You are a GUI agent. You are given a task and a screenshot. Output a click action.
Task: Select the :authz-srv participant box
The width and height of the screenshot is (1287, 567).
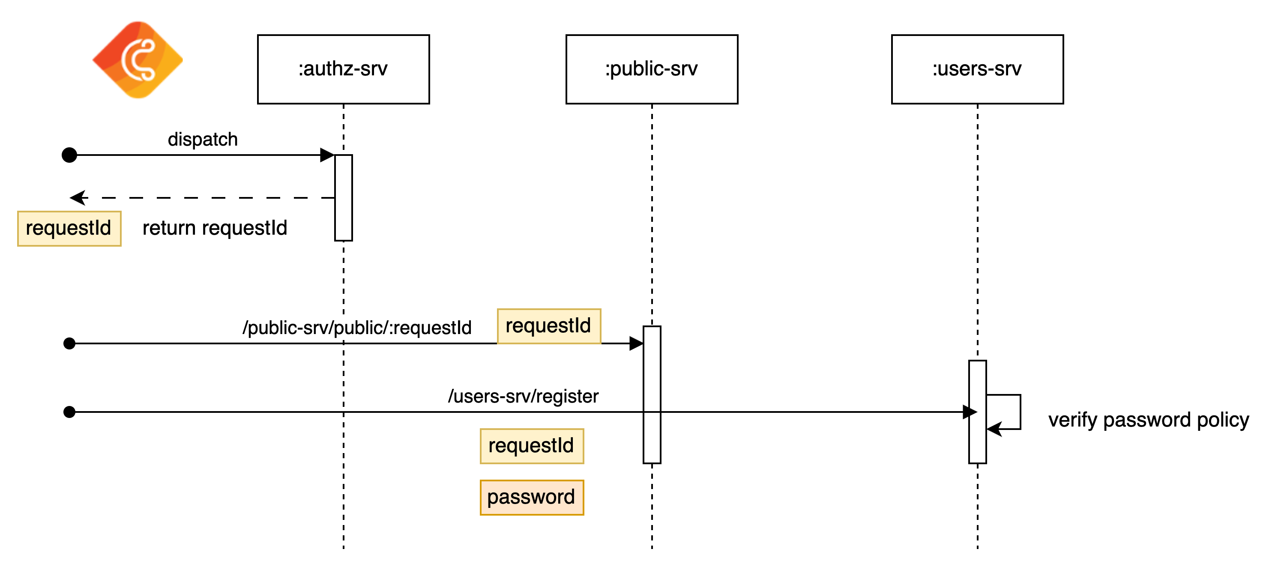343,69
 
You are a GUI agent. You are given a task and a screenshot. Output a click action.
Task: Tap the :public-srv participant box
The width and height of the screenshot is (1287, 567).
652,69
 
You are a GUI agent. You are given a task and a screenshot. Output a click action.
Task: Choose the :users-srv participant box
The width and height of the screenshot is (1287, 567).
977,69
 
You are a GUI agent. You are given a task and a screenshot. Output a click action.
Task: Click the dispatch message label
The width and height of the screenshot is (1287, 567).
203,139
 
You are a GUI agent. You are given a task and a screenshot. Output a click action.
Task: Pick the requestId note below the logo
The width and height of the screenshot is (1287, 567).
69,228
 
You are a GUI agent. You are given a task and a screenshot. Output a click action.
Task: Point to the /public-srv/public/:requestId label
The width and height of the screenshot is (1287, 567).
357,328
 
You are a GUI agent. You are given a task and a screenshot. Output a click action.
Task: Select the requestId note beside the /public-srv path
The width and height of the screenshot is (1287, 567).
548,326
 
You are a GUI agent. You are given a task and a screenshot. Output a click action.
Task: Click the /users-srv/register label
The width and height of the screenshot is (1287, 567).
523,396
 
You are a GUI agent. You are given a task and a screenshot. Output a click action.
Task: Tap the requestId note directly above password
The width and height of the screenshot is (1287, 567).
532,446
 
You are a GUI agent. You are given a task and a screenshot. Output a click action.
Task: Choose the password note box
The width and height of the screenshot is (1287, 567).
532,498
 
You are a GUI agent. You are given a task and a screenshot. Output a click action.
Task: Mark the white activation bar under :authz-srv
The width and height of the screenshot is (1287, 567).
343,198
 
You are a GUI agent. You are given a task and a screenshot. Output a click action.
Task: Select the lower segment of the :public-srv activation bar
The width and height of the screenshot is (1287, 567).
652,438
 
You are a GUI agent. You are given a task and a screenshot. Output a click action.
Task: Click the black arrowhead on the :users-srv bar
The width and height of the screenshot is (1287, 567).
973,412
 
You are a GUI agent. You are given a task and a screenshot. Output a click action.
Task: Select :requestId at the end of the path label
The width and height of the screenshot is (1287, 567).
430,328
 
